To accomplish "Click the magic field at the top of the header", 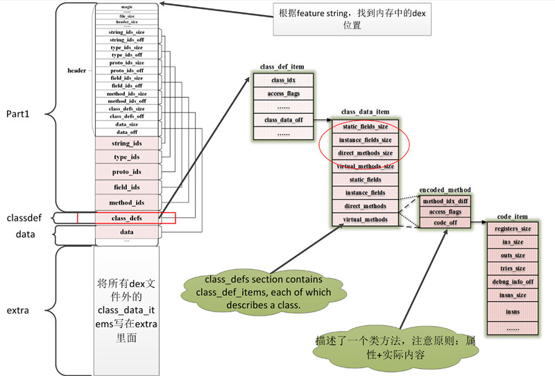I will coord(127,7).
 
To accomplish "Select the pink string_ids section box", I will coord(127,144).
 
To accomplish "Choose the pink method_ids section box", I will coord(127,202).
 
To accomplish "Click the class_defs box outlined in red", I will coord(127,218).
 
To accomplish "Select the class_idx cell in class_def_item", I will coord(283,80).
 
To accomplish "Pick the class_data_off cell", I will coord(283,120).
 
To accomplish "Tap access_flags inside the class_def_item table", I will coord(283,94).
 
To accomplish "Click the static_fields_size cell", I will coord(364,127).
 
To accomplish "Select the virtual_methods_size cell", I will coord(364,166).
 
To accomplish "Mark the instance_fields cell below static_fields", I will coord(364,193).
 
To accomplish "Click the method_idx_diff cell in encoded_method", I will coord(445,201).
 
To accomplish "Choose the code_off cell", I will coord(445,223).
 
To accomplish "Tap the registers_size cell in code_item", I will coord(513,228).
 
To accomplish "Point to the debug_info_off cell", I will coord(513,282).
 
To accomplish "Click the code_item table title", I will coord(514,217).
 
